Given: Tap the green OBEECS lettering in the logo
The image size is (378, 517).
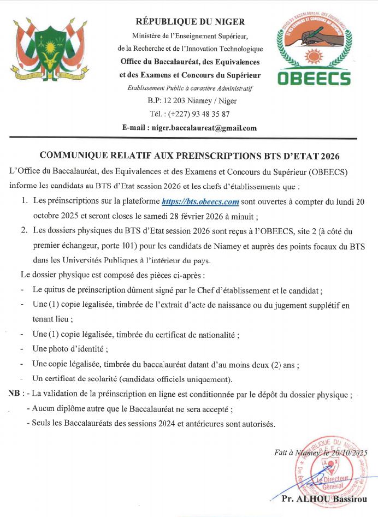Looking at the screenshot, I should [314, 78].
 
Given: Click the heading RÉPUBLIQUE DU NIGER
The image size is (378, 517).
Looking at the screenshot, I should [190, 22].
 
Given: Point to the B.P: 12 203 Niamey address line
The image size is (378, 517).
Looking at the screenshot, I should [190, 101].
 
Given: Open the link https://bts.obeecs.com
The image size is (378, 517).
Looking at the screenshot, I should [200, 201].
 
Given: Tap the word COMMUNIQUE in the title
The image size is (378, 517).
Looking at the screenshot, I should [74, 156].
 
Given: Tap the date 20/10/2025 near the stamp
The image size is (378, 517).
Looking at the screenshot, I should [347, 452].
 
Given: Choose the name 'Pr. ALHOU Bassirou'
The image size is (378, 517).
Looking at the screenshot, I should [324, 499].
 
